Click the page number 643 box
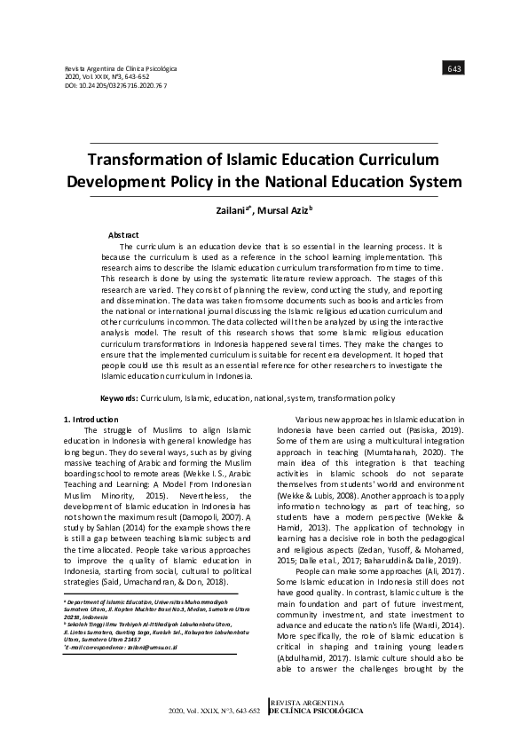tap(454, 68)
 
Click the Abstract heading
tap(123, 233)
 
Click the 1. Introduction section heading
tap(92, 419)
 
